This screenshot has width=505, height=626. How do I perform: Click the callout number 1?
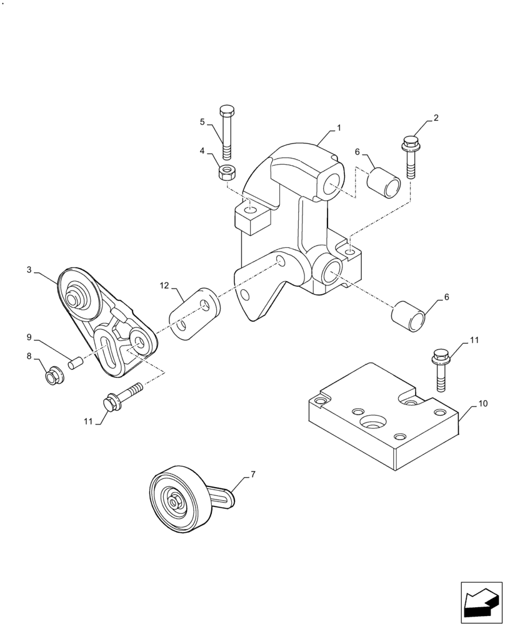tap(339, 128)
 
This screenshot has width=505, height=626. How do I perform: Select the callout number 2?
tap(436, 118)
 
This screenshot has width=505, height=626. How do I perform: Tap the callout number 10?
tap(482, 405)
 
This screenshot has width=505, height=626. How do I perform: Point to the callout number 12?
tap(164, 285)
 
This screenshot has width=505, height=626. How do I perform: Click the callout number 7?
tap(252, 475)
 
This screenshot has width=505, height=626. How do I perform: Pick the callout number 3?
tap(29, 270)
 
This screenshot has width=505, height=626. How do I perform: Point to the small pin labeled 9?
tap(76, 362)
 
